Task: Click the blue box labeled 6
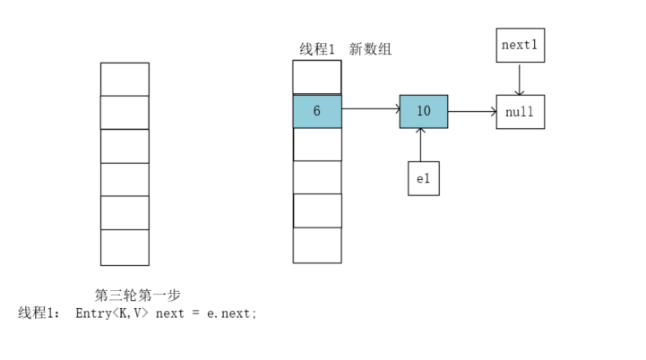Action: [x=317, y=111]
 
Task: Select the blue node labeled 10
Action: [x=424, y=111]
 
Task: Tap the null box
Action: [x=520, y=112]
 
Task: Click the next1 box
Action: [x=520, y=45]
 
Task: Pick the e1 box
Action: [x=423, y=178]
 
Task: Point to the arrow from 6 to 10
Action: [x=370, y=110]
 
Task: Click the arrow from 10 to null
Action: [x=472, y=112]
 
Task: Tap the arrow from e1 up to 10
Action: [x=421, y=145]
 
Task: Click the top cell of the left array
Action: [x=125, y=79]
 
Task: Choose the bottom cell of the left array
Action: [x=125, y=247]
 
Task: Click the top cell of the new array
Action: [x=317, y=77]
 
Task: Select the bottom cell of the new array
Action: [x=317, y=245]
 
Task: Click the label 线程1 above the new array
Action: [x=316, y=49]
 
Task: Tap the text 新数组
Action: [x=370, y=49]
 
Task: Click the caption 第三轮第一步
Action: [x=138, y=295]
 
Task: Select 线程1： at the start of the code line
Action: [x=40, y=313]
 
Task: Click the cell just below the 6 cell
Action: [x=317, y=144]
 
